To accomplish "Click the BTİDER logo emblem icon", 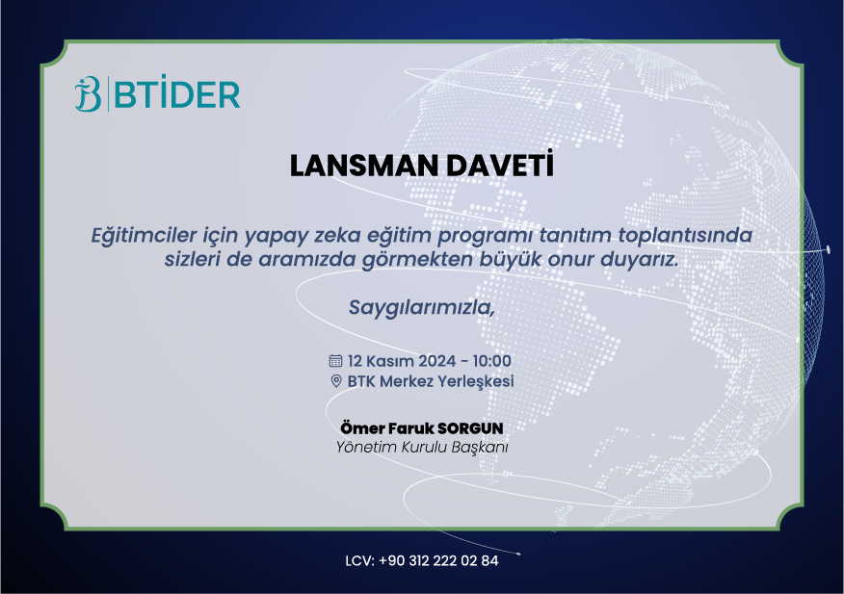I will [x=89, y=94].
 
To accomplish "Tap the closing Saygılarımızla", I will [x=422, y=308].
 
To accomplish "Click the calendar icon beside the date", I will [x=335, y=361].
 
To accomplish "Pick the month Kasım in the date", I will [x=390, y=361].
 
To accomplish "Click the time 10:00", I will [x=491, y=361].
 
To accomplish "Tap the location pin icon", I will [x=336, y=381].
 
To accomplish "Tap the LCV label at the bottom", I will [x=358, y=561].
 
